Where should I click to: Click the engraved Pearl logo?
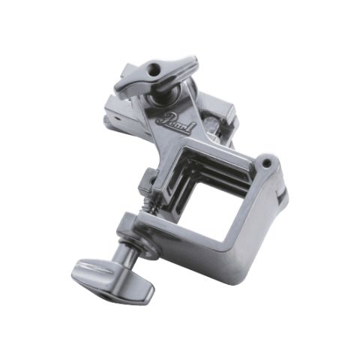[175, 123]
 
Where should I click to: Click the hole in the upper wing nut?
[153, 68]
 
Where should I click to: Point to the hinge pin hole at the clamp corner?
[268, 163]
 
